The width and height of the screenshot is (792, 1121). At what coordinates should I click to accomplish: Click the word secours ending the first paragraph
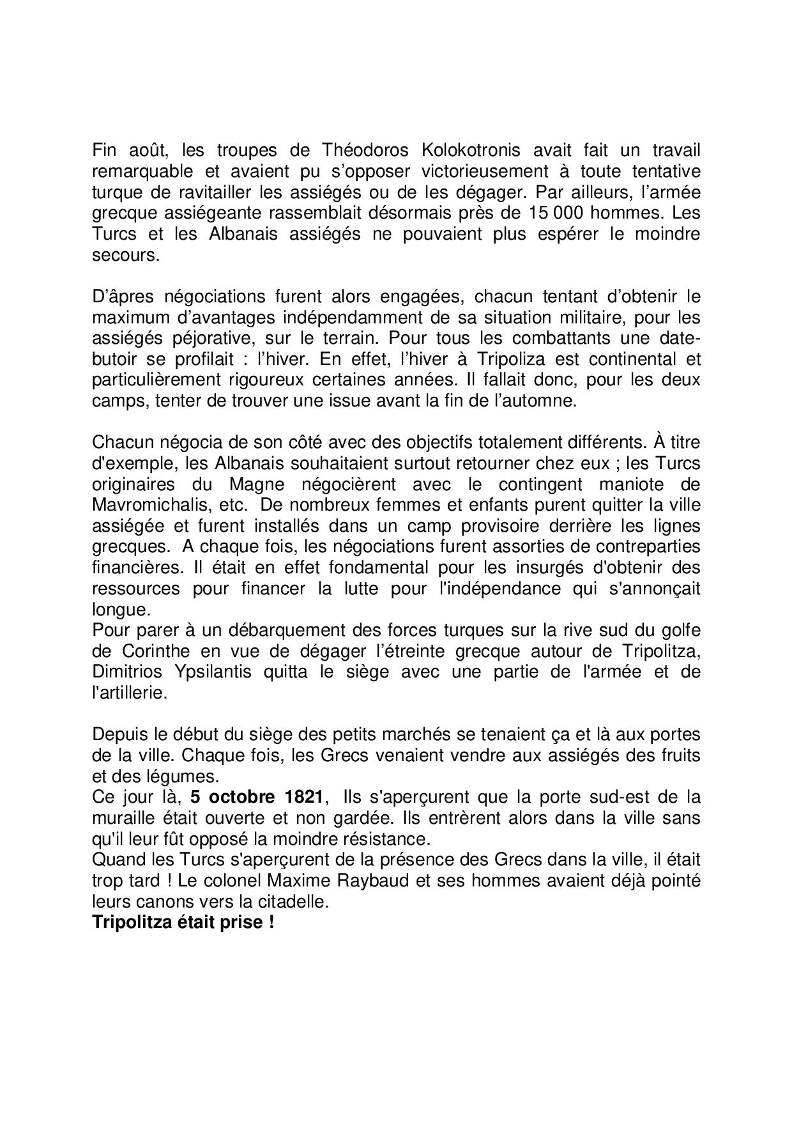point(124,254)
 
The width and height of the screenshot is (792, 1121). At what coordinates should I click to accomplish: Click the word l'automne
point(540,401)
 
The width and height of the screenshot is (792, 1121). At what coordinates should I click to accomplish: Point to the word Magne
point(256,484)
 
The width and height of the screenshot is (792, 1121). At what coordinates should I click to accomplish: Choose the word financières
point(133,568)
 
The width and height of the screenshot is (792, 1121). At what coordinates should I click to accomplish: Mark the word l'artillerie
point(129,693)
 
